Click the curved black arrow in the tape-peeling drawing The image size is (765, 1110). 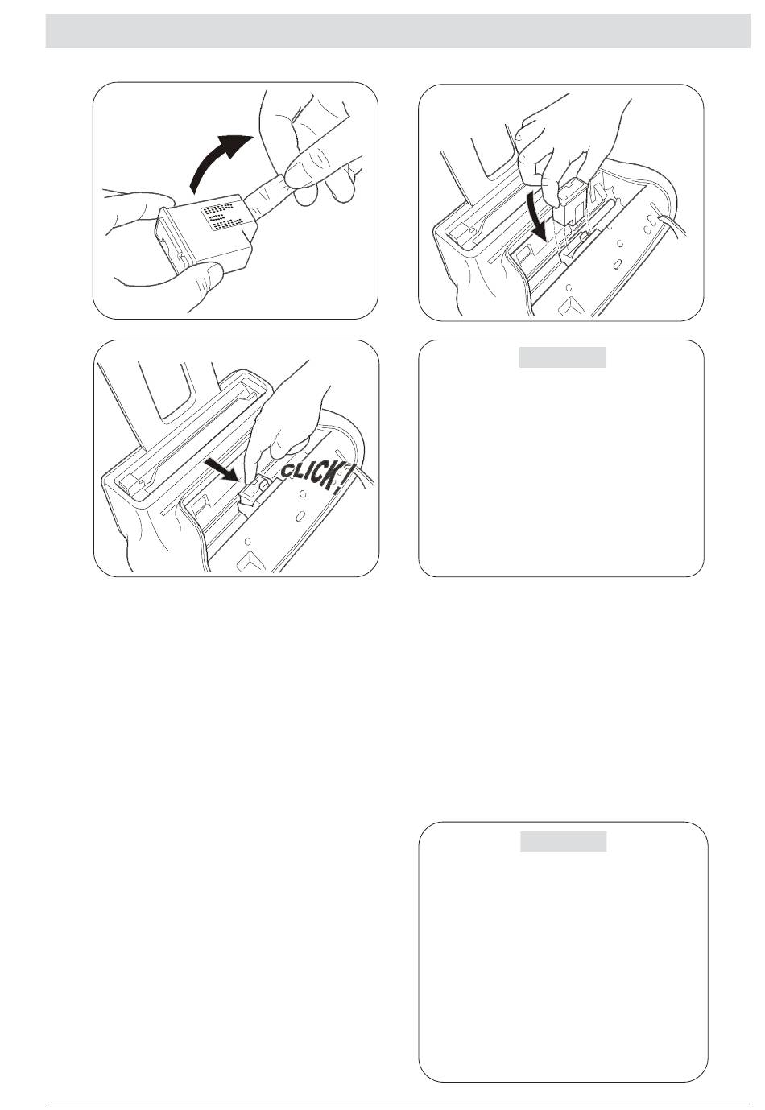point(213,159)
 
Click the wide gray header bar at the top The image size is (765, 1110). point(398,31)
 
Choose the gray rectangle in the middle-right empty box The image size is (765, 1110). point(562,357)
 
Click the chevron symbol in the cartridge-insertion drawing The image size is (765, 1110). point(571,303)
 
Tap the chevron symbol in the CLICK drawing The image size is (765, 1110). point(251,560)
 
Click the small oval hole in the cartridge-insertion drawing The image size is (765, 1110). point(618,264)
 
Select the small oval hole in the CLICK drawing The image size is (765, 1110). point(300,517)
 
